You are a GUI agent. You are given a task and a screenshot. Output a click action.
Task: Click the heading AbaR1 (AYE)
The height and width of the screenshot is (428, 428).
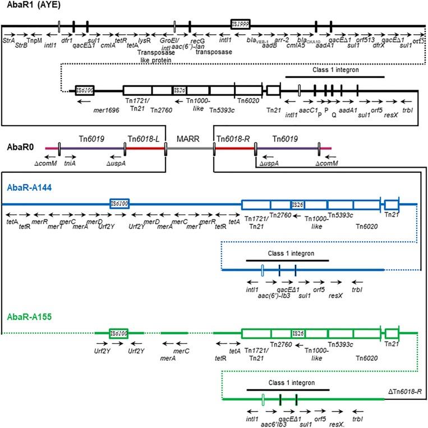(x=29, y=6)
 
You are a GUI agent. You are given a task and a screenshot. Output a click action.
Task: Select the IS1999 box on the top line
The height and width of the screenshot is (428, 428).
(x=240, y=24)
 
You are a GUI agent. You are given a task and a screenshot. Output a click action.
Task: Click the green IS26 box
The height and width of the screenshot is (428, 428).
(x=298, y=333)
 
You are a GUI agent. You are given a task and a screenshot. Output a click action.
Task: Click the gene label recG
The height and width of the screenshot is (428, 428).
(x=197, y=41)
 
